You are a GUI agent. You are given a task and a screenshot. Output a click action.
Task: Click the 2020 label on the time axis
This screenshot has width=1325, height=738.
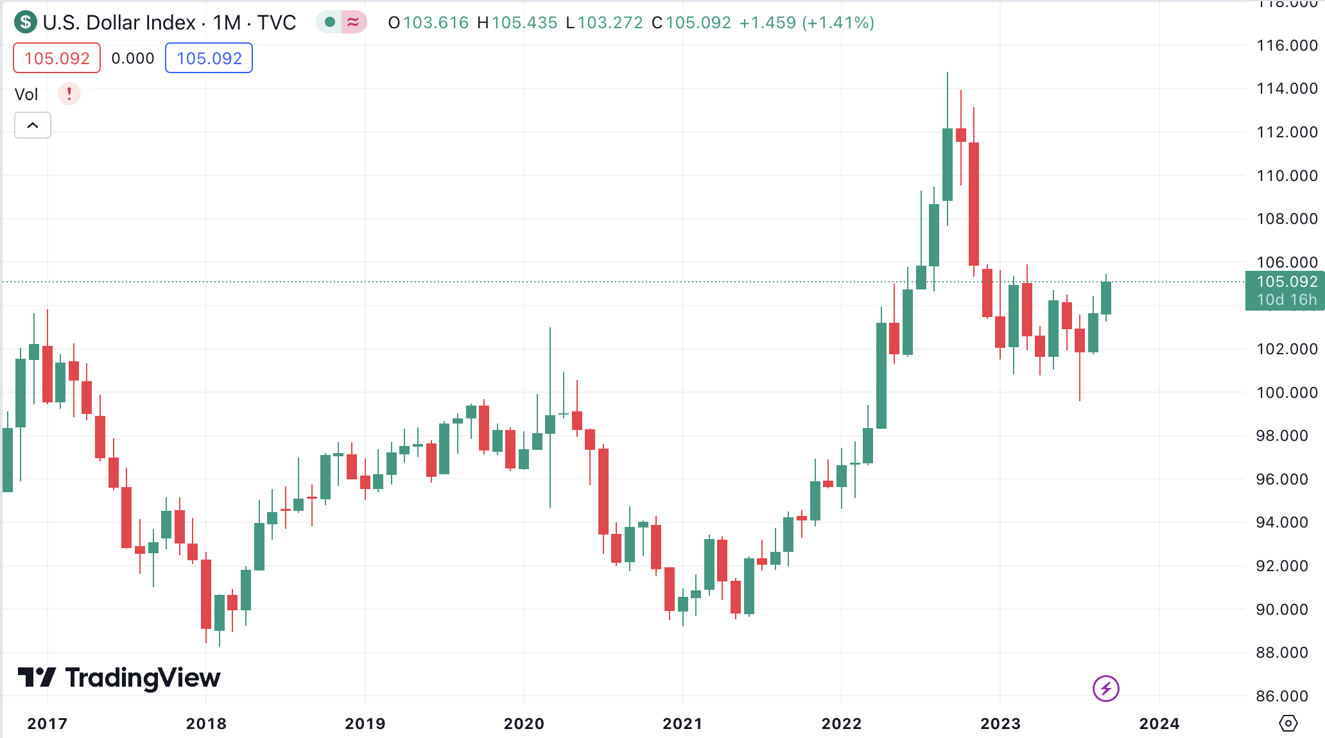pos(524,724)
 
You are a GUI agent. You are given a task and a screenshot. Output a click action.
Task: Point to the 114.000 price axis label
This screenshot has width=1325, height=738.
pos(1286,89)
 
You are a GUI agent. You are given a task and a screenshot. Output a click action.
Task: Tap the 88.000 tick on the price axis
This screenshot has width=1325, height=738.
pos(1281,653)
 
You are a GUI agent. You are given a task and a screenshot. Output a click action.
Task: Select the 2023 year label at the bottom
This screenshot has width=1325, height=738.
pos(1000,724)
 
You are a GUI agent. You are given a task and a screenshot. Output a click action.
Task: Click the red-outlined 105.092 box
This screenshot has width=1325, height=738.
pos(57,58)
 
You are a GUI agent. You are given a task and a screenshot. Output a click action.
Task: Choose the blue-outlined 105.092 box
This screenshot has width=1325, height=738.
pos(209,58)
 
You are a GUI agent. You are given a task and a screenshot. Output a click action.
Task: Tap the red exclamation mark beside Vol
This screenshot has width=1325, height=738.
pos(69,94)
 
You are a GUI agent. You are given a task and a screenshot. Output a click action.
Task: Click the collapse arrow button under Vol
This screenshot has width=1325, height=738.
pos(33,125)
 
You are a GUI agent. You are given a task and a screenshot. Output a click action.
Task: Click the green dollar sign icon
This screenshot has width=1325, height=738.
pos(26,22)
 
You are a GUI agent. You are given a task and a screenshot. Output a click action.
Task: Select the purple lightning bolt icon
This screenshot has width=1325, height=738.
pos(1105,689)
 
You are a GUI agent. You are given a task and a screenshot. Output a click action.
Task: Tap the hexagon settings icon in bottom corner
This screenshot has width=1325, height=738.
pos(1288,723)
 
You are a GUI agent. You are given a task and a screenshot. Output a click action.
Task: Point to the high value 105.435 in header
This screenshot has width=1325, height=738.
pos(524,23)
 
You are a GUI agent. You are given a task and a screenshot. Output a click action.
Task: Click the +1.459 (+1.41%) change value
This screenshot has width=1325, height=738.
pos(806,23)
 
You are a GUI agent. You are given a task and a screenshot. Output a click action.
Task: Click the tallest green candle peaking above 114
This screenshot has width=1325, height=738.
pos(948,164)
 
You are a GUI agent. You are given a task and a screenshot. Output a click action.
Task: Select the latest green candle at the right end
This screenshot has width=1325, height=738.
pos(1106,298)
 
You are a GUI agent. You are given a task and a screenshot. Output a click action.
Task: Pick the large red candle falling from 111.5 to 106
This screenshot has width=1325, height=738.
pos(974,204)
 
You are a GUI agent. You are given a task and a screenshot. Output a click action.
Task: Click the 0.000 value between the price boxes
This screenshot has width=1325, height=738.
pos(133,58)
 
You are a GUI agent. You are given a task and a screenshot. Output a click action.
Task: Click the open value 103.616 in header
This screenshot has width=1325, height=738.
pos(435,23)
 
